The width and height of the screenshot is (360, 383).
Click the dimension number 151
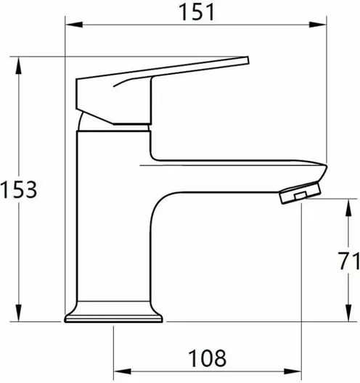pyautogui.click(x=197, y=12)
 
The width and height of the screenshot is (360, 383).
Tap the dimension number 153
pyautogui.click(x=19, y=189)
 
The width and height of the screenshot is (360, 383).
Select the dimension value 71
pyautogui.click(x=349, y=260)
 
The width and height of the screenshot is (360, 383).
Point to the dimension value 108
pyautogui.click(x=208, y=358)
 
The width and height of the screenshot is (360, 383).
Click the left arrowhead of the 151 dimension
pyautogui.click(x=74, y=25)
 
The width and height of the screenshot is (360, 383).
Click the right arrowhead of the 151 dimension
pyautogui.click(x=318, y=25)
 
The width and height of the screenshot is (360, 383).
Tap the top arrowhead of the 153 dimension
pyautogui.click(x=19, y=65)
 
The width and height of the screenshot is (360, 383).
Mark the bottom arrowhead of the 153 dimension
pyautogui.click(x=19, y=313)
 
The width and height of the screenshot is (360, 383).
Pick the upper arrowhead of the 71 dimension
pyautogui.click(x=348, y=207)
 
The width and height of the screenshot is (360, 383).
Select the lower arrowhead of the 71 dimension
pyautogui.click(x=348, y=313)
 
